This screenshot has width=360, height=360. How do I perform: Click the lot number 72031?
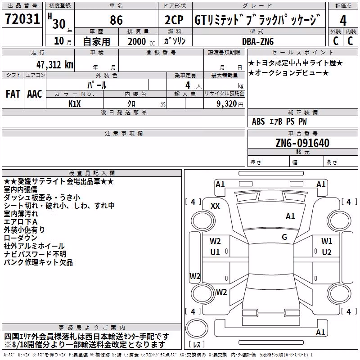[22, 19]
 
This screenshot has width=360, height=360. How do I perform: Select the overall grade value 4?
[343, 21]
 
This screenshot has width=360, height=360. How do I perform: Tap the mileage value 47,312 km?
[54, 65]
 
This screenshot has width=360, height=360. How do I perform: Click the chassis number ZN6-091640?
[302, 143]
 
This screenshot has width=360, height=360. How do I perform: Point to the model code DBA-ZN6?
[258, 41]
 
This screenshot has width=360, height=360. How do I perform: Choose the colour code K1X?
[75, 104]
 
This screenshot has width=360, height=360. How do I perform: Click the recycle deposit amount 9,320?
[227, 104]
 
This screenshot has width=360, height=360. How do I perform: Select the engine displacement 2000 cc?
[141, 41]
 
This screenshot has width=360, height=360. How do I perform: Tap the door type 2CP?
[174, 20]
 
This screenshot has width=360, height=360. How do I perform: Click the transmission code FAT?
[13, 94]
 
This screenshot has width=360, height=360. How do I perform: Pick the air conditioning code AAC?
[35, 94]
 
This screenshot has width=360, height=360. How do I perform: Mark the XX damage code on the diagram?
[215, 206]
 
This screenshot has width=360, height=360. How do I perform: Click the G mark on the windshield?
[284, 237]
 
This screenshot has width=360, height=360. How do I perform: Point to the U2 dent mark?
[327, 252]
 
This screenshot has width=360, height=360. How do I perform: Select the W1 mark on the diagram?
[327, 241]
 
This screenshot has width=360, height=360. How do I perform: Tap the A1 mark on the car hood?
[290, 216]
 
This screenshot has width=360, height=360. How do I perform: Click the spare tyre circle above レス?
[197, 328]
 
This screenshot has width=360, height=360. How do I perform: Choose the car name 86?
[116, 20]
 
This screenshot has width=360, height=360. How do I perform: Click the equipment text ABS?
[258, 121]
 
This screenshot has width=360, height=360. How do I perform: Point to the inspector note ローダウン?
[20, 238]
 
